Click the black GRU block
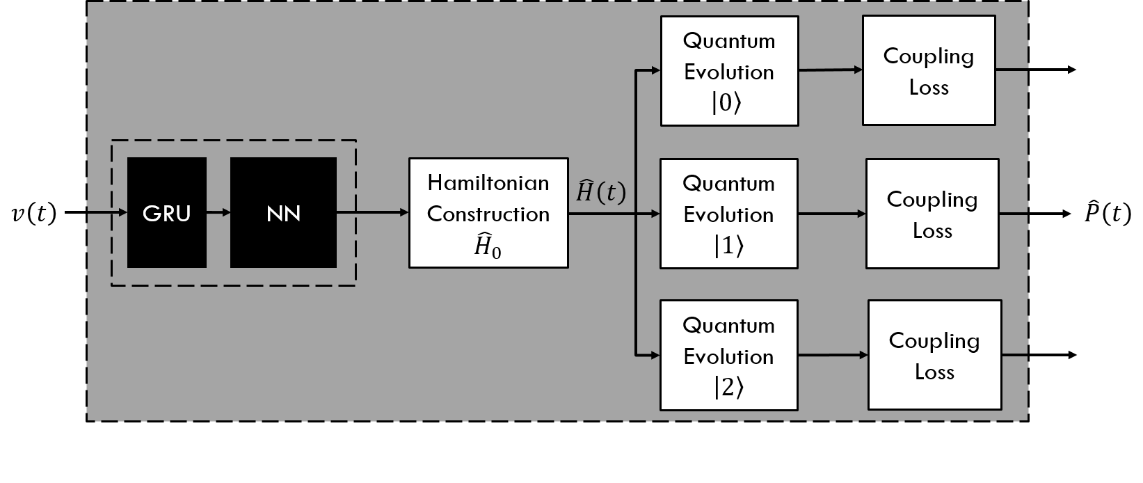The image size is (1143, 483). tap(167, 212)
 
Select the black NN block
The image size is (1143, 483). tap(283, 212)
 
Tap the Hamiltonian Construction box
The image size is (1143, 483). tap(488, 213)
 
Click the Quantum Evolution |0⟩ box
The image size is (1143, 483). tap(730, 71)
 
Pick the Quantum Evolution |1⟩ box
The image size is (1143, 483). tap(729, 214)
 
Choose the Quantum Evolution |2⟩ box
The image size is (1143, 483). tap(729, 356)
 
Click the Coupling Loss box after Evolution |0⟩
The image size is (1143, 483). tap(929, 70)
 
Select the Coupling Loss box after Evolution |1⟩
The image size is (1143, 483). tap(932, 214)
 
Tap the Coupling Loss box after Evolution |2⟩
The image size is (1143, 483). tap(935, 355)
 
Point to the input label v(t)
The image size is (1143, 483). tap(33, 214)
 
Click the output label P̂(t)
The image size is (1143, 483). tap(1108, 212)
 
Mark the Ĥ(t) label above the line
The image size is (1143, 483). tap(600, 191)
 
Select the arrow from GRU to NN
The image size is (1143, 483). tap(218, 212)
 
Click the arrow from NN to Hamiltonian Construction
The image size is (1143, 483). tap(372, 212)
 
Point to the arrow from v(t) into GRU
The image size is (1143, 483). tap(96, 212)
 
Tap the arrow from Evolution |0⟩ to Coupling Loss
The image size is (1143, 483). tap(831, 70)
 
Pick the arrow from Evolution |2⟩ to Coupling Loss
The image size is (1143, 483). tap(833, 355)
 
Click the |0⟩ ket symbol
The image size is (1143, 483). tap(726, 102)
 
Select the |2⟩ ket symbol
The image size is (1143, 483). tap(728, 388)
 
